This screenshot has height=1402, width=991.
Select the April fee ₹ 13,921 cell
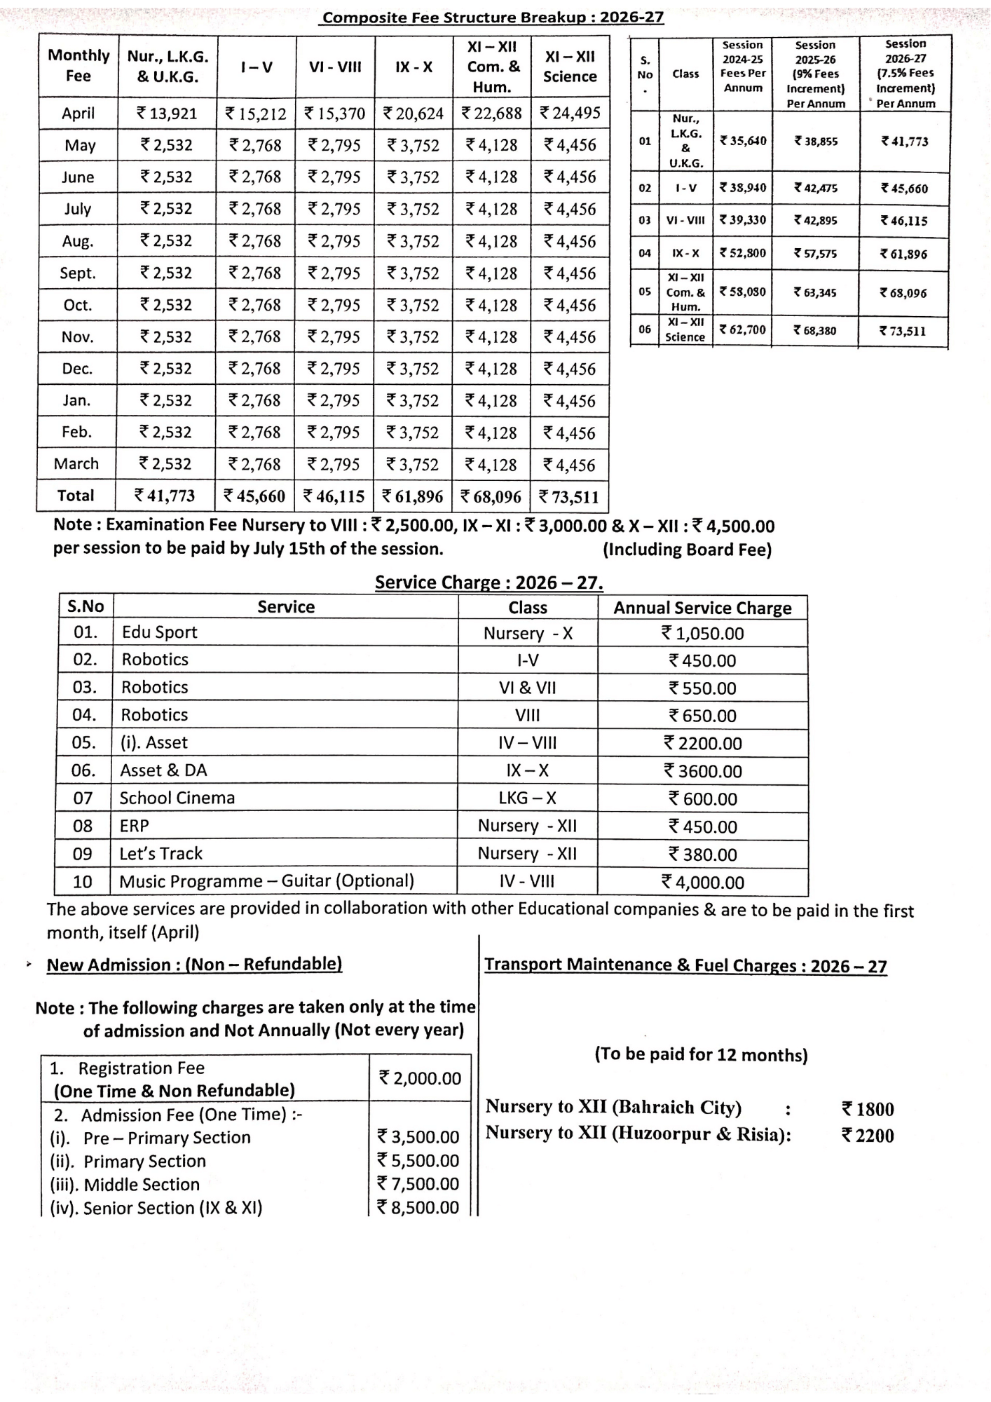pyautogui.click(x=167, y=114)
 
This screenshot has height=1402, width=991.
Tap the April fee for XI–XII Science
pyautogui.click(x=570, y=113)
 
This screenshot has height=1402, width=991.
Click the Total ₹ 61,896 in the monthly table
pyautogui.click(x=413, y=496)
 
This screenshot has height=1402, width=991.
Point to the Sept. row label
pyautogui.click(x=78, y=273)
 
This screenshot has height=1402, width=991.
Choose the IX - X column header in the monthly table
pyautogui.click(x=414, y=67)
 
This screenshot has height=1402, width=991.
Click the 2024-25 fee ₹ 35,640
pyautogui.click(x=743, y=141)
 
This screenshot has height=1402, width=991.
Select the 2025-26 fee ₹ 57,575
pyautogui.click(x=815, y=254)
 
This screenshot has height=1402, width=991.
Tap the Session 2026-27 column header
pyautogui.click(x=905, y=73)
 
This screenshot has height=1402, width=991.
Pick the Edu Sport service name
pyautogui.click(x=160, y=632)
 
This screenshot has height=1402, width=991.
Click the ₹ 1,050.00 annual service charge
pyautogui.click(x=702, y=634)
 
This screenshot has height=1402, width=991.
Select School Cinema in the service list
pyautogui.click(x=177, y=798)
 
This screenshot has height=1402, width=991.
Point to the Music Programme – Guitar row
pyautogui.click(x=266, y=881)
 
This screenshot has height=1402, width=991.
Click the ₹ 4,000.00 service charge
pyautogui.click(x=702, y=883)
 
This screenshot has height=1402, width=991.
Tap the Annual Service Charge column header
pyautogui.click(x=702, y=608)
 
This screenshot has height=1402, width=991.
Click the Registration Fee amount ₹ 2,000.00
pyautogui.click(x=420, y=1078)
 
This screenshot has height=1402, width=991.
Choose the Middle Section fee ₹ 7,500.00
pyautogui.click(x=418, y=1184)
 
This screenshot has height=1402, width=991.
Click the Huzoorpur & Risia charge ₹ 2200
pyautogui.click(x=868, y=1136)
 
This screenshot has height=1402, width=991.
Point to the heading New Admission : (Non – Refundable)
pyautogui.click(x=194, y=965)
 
